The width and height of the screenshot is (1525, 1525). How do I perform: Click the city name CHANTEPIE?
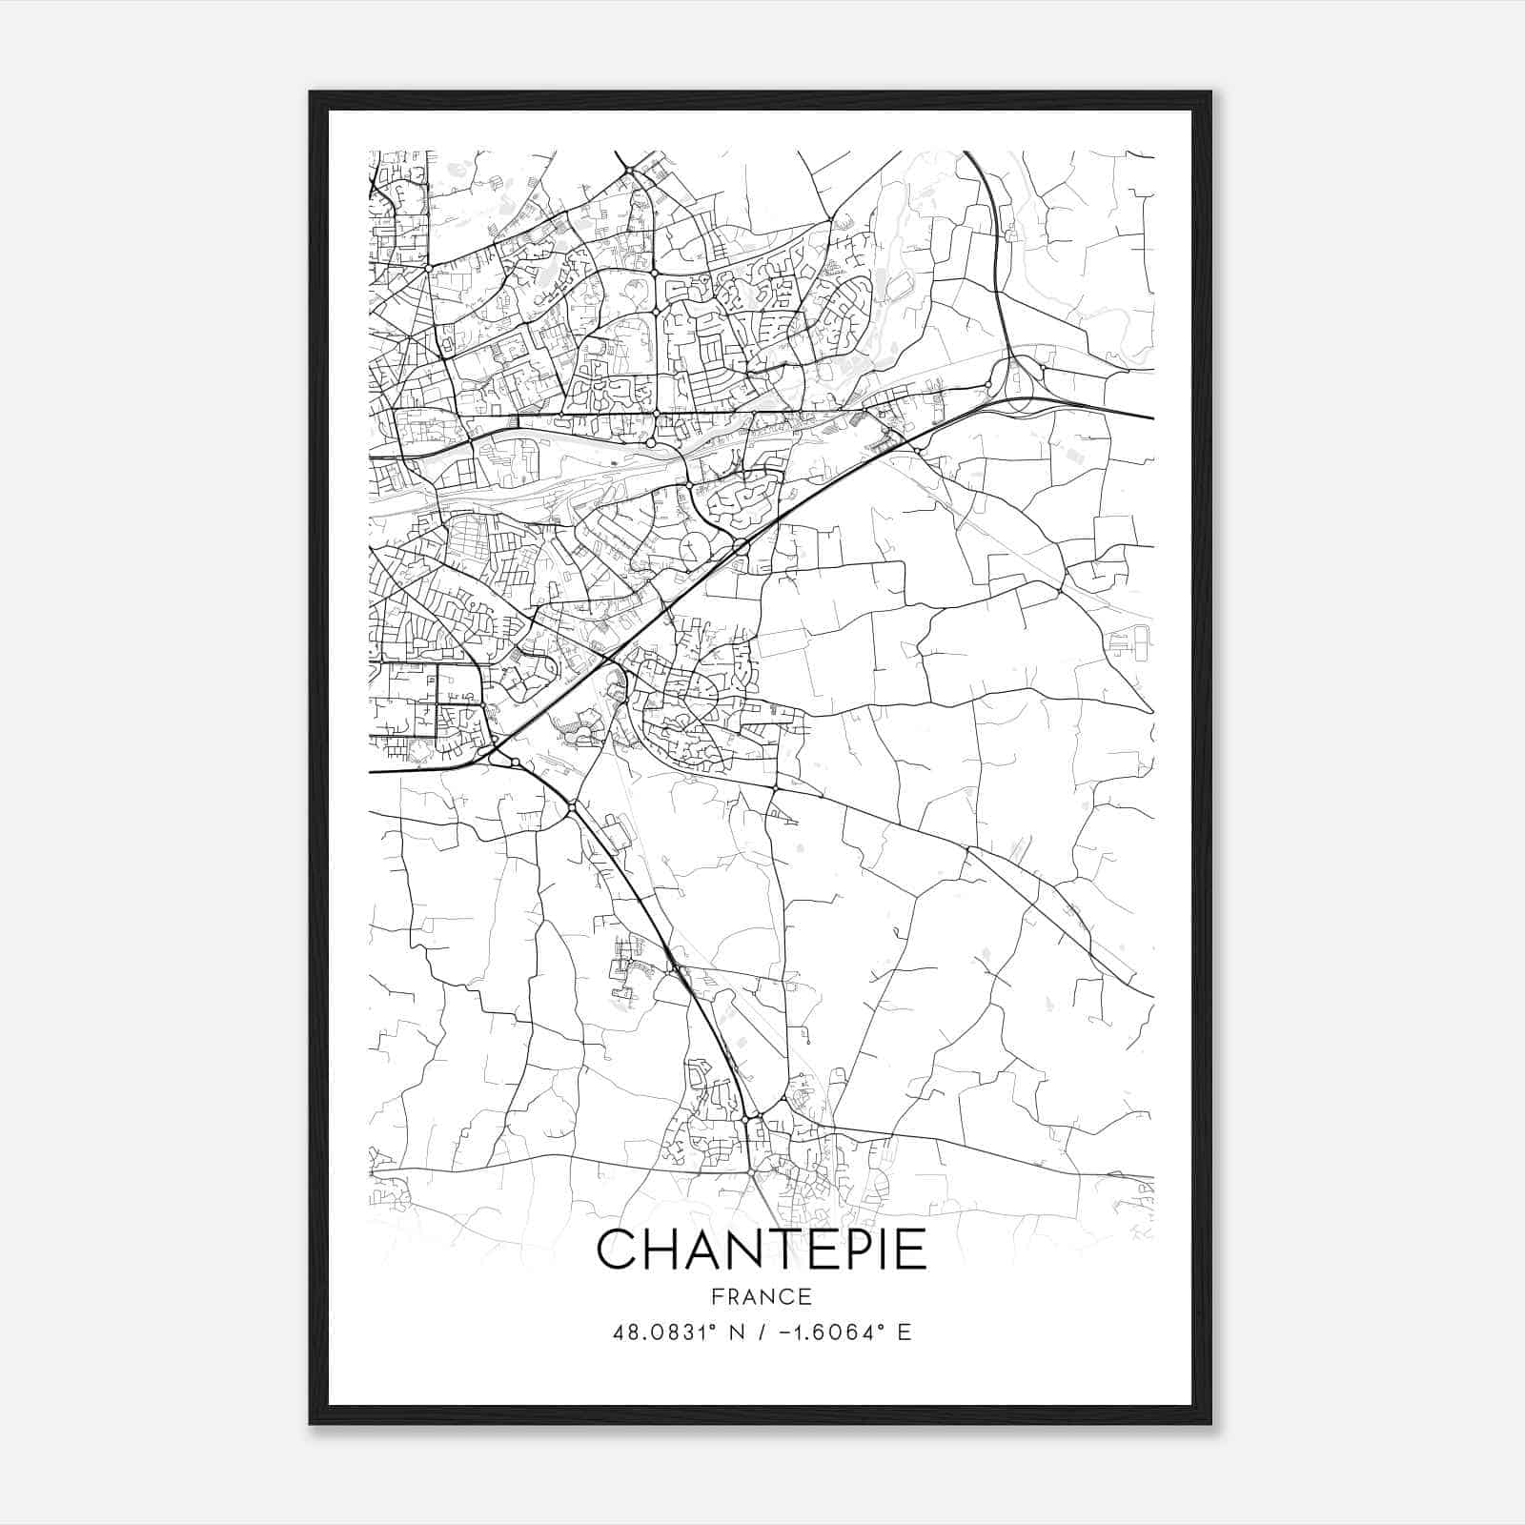762,1250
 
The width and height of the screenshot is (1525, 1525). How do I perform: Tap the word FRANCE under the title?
762,1296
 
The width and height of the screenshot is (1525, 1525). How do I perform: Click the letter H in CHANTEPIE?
663,1250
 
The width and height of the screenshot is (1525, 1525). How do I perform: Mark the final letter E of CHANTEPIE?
911,1250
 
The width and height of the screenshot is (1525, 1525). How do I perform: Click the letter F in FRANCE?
717,1296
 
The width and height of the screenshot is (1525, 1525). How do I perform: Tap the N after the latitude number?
735,1332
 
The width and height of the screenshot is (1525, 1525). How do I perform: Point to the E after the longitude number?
905,1332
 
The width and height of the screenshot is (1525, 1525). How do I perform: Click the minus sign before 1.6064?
783,1332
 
